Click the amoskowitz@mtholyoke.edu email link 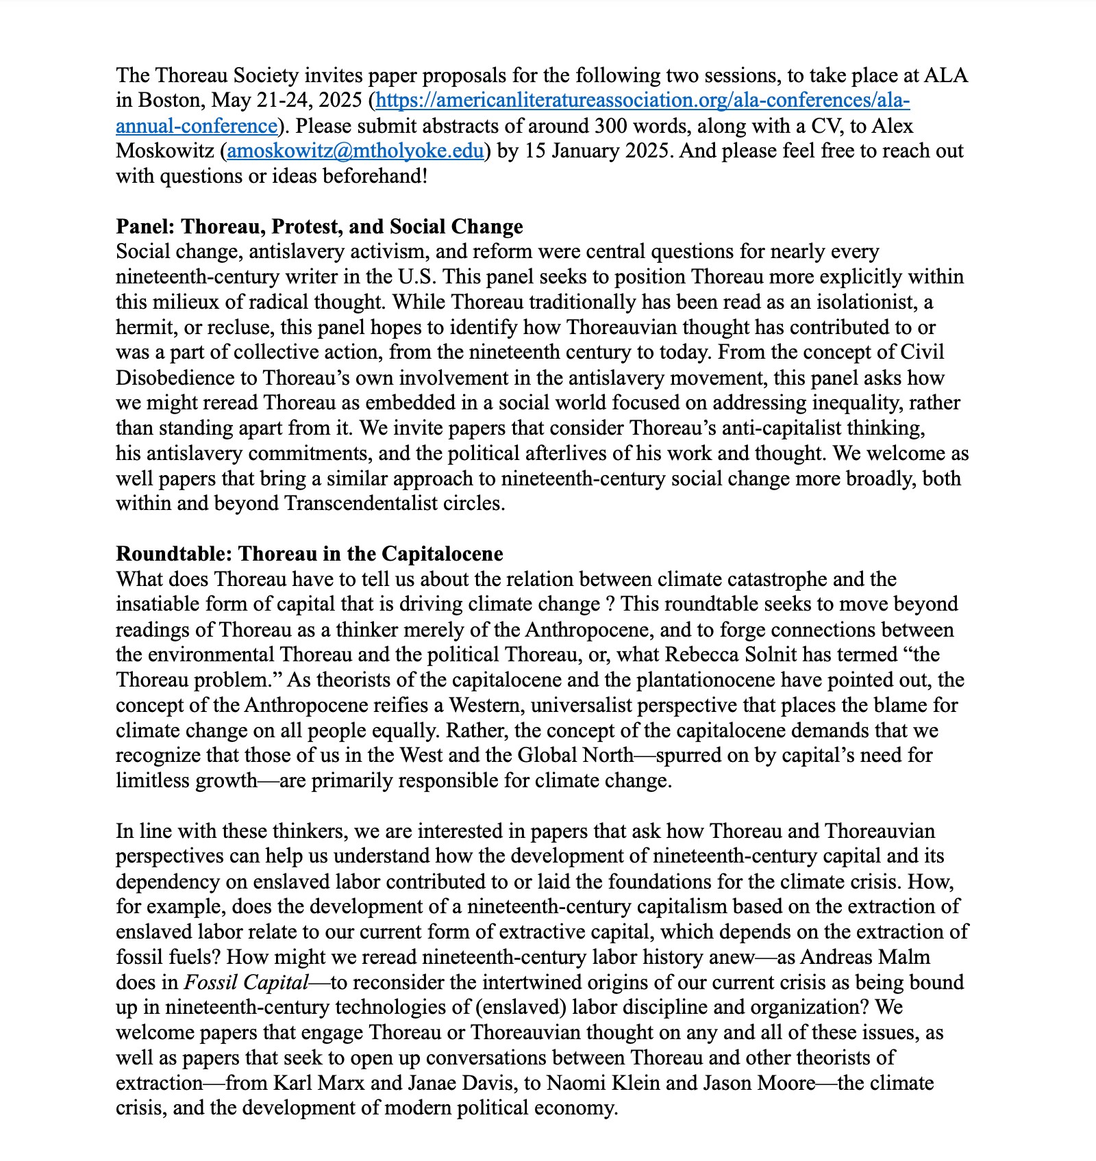pos(355,151)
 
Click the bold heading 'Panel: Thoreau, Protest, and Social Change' pos(319,227)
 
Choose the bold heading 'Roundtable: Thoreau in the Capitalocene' pos(309,554)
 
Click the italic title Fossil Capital pos(246,982)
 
